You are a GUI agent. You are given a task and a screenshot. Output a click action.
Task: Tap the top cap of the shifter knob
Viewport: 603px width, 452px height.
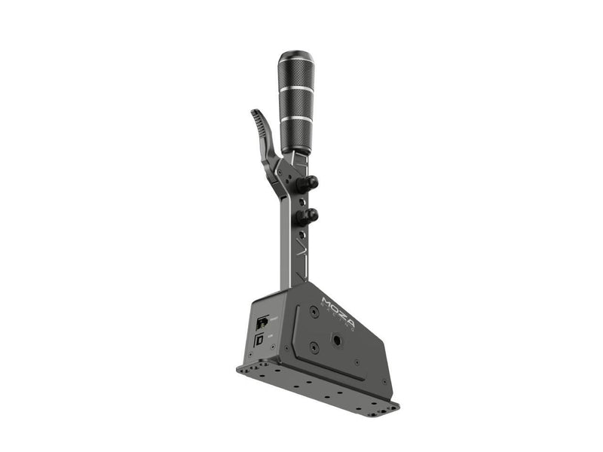(x=295, y=57)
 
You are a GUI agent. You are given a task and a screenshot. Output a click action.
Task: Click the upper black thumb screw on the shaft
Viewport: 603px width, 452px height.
(x=309, y=182)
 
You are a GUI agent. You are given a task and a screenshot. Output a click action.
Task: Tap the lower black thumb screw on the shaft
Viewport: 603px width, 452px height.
(x=309, y=217)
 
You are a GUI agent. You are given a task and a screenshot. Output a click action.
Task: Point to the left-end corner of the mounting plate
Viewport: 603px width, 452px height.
(x=240, y=368)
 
